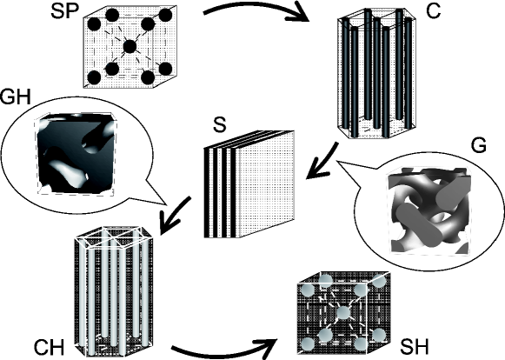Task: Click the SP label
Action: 64,11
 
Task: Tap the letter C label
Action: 433,11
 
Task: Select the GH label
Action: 15,97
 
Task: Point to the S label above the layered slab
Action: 220,124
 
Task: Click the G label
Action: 478,145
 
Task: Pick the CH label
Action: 49,348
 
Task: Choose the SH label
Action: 415,347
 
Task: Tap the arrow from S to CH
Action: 176,216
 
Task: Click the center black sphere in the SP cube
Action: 130,47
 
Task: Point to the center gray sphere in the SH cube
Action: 343,313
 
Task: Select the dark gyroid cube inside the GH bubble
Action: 76,153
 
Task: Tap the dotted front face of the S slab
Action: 265,184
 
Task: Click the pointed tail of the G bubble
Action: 336,161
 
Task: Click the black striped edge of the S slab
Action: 220,192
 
